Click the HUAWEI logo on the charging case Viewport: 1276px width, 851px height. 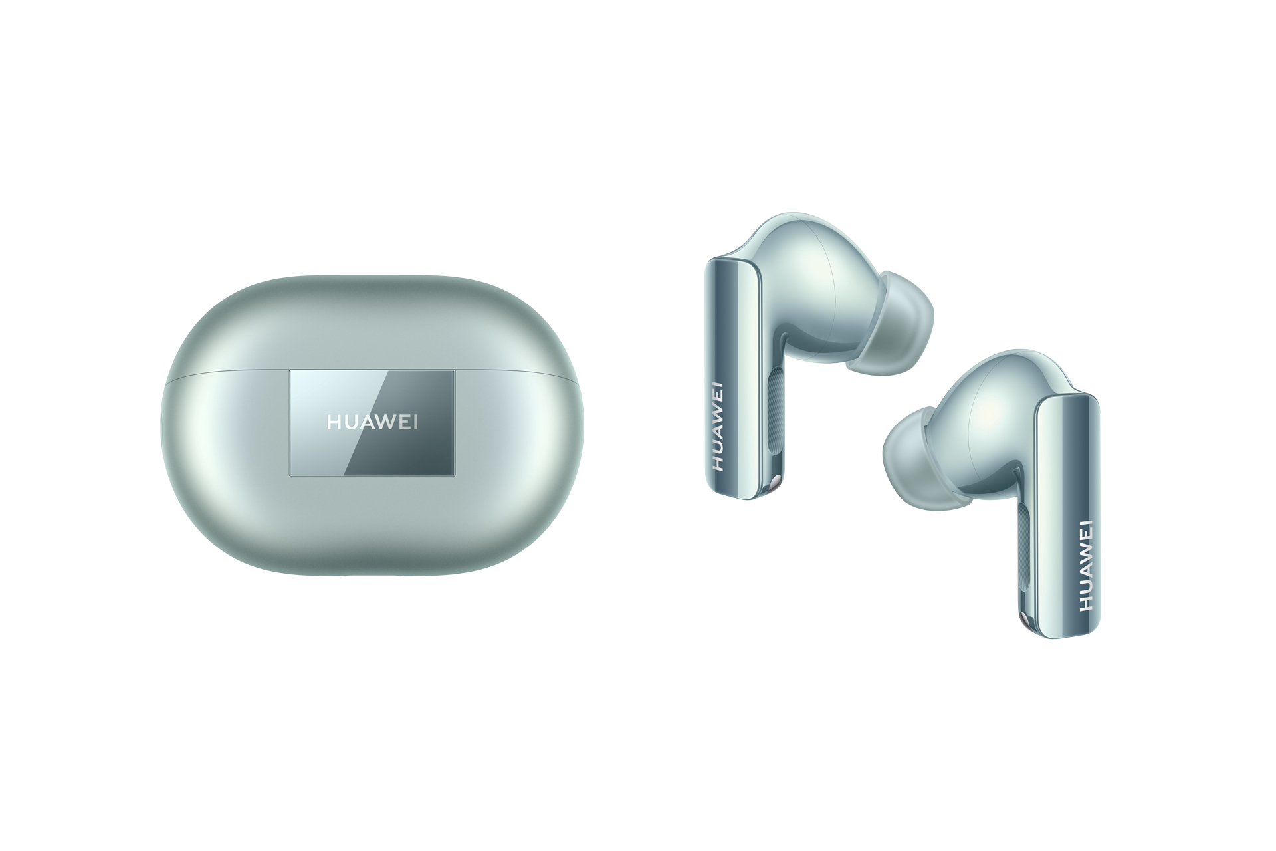[x=372, y=424]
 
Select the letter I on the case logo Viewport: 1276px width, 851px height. [x=415, y=424]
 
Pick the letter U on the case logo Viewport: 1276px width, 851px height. [x=351, y=424]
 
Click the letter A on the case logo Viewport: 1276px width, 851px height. [x=368, y=424]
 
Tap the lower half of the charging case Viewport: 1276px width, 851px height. [x=372, y=525]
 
